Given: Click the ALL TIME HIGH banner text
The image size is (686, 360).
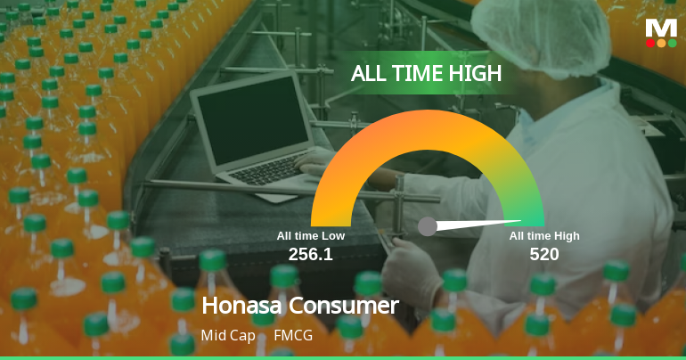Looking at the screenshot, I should (x=427, y=74).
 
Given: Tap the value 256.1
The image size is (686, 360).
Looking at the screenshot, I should (x=310, y=254).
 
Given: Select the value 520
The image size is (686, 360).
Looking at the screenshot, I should (x=544, y=254).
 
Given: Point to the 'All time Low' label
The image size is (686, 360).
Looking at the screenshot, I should (x=310, y=236).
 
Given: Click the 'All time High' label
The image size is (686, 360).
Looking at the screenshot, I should (x=544, y=236).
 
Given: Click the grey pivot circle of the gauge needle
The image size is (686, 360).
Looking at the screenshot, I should (x=428, y=226).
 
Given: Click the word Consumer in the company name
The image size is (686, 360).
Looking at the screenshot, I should (x=342, y=306).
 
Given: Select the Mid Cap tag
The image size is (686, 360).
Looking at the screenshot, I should (x=228, y=336).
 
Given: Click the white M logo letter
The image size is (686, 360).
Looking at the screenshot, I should (x=661, y=28).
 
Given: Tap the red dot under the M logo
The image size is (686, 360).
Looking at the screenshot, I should (x=650, y=43).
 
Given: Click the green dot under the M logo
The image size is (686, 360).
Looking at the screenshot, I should (x=672, y=43).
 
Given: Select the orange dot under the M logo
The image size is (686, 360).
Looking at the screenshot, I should (x=661, y=43).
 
